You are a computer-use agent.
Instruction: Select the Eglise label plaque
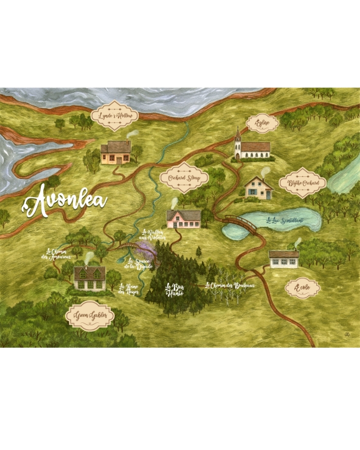tap(263, 123)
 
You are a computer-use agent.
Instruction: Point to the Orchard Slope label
tap(184, 178)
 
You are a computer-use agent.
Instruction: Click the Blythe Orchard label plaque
tap(303, 182)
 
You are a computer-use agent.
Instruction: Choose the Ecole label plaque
tap(302, 288)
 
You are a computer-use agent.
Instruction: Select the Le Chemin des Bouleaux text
tap(229, 285)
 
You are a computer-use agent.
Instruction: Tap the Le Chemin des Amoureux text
tap(58, 254)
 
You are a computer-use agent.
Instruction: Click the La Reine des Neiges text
tap(130, 289)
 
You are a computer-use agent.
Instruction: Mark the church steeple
tap(238, 138)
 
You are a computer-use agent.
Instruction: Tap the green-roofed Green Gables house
tap(90, 277)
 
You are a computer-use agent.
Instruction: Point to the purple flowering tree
tap(145, 248)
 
